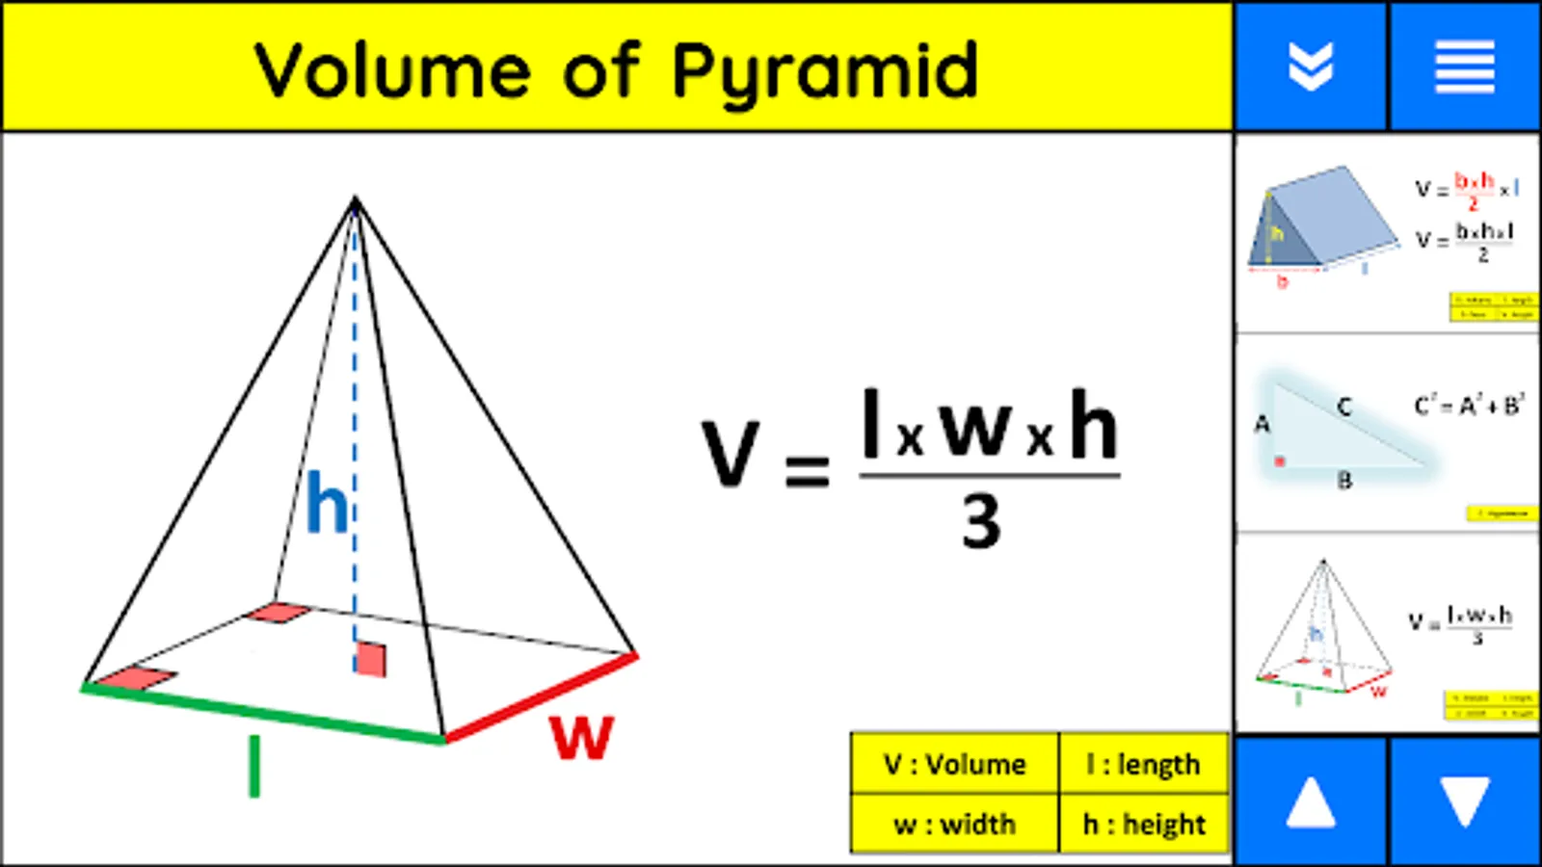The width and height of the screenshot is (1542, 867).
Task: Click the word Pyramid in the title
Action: coord(824,71)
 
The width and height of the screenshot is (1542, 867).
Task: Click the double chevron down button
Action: coord(1311,66)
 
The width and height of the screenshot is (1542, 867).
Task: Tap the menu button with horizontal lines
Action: coord(1464,66)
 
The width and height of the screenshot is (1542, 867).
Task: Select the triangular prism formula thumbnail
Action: coord(1387,234)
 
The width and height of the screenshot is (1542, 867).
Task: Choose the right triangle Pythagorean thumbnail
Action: coord(1387,433)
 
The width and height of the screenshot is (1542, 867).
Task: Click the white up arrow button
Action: coord(1311,801)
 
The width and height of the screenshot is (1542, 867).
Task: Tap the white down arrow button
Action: coord(1464,801)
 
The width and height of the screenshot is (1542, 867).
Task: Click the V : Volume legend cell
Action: coord(954,765)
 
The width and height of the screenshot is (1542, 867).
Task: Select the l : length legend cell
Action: coord(1144,765)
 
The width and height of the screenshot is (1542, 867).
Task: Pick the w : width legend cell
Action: coord(954,825)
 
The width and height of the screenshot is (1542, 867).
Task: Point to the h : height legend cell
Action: coord(1144,825)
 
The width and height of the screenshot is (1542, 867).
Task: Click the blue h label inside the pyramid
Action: coord(327,503)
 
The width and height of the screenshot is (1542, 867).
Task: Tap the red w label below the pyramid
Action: coord(581,737)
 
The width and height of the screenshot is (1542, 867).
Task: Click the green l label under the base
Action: coord(254,766)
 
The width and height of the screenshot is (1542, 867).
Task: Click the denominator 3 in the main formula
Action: coord(981,521)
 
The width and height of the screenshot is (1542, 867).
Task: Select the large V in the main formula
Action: coord(730,453)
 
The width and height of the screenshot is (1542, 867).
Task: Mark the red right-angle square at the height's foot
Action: coord(370,659)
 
